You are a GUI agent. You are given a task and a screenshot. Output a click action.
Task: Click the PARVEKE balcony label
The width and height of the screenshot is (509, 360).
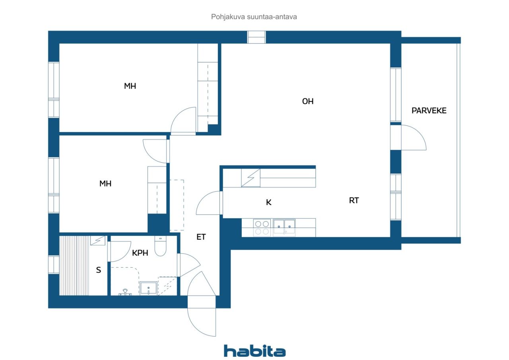(x=429, y=111)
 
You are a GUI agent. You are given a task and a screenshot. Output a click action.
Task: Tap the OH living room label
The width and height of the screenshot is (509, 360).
(x=308, y=101)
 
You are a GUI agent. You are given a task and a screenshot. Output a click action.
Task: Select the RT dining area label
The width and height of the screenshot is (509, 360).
(x=354, y=200)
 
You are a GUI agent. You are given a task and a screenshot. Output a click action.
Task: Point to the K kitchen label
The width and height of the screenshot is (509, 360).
(x=268, y=202)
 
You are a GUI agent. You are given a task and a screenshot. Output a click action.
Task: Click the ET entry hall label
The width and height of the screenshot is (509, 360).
(x=201, y=237)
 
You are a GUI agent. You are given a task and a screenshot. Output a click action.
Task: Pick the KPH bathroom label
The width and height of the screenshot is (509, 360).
(x=140, y=253)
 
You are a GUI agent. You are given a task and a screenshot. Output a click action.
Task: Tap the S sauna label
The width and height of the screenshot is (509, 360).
(x=98, y=270)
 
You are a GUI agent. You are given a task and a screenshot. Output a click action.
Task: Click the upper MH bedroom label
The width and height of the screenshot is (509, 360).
(x=130, y=86)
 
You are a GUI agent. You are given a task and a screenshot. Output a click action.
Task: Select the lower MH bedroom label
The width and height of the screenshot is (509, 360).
(x=105, y=184)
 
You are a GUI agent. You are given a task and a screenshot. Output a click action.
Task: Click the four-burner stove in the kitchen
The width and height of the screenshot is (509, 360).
(x=262, y=228)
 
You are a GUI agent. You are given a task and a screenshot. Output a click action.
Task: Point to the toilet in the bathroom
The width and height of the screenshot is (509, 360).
(x=160, y=246)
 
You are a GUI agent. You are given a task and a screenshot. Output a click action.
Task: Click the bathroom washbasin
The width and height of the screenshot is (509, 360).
(x=148, y=288)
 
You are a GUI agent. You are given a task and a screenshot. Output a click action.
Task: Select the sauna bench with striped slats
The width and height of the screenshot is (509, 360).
(x=74, y=266)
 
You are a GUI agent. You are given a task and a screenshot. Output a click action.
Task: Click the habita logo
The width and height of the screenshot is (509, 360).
(x=255, y=351)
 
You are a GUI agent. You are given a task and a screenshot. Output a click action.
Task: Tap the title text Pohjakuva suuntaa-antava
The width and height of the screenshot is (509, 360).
(x=254, y=17)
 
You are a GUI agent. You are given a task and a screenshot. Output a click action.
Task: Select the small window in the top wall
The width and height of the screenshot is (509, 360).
(x=256, y=37)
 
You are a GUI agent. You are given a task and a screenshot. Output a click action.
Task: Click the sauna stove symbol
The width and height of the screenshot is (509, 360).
(x=98, y=240)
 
